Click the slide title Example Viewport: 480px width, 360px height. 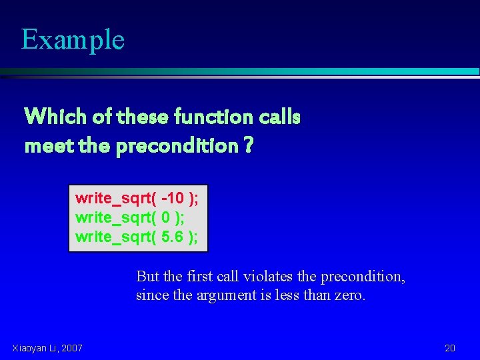[73, 39]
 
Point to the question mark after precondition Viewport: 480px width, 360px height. [248, 145]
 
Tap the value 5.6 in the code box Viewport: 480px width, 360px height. [173, 237]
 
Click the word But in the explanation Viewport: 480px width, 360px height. [147, 277]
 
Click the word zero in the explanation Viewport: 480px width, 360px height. [349, 295]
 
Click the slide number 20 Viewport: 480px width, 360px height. [450, 347]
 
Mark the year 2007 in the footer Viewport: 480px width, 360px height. [71, 347]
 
